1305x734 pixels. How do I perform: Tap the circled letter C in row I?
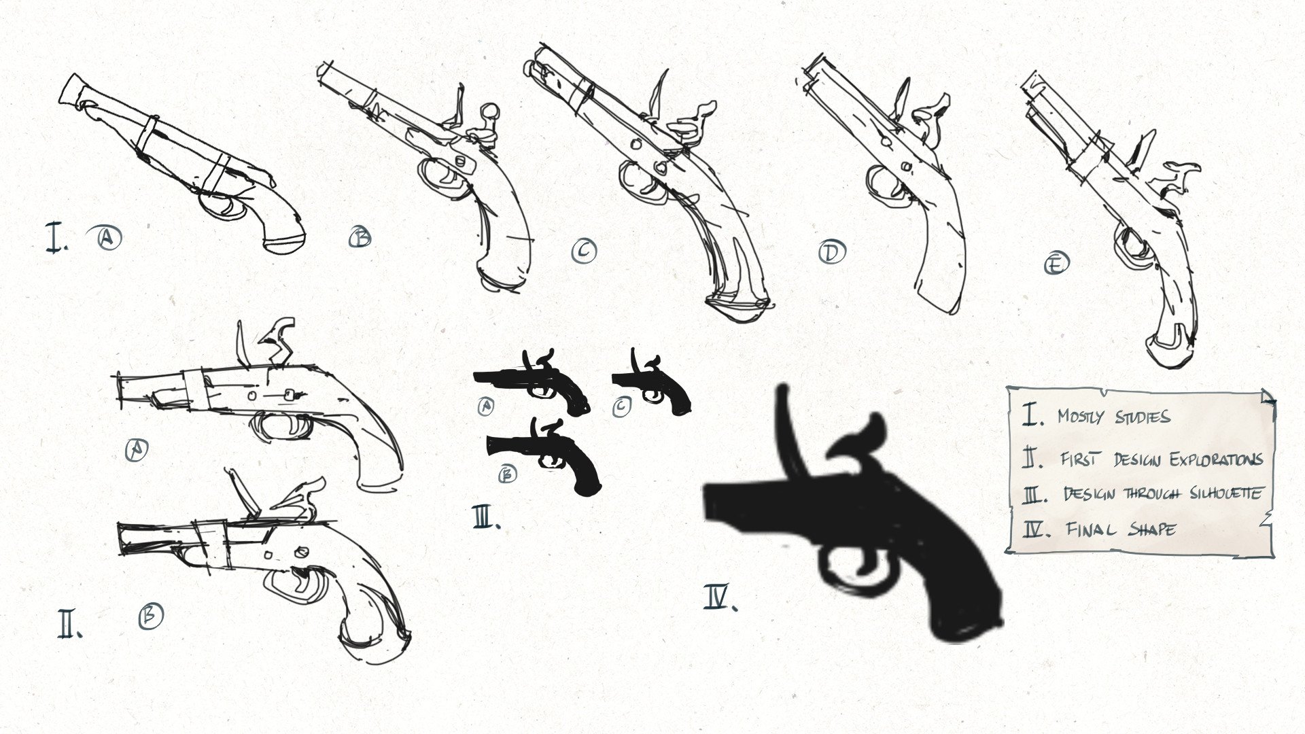tap(584, 251)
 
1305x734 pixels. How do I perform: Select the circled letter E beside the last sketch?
tap(1056, 262)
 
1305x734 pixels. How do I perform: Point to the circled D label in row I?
tap(831, 252)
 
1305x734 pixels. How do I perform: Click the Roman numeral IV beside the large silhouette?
tap(719, 598)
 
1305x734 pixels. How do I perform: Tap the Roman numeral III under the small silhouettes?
tap(486, 518)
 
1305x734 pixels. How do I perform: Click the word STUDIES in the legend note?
tap(1143, 417)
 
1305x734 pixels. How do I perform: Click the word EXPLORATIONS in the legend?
tap(1216, 459)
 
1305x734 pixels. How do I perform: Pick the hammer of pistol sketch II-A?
tap(279, 340)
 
